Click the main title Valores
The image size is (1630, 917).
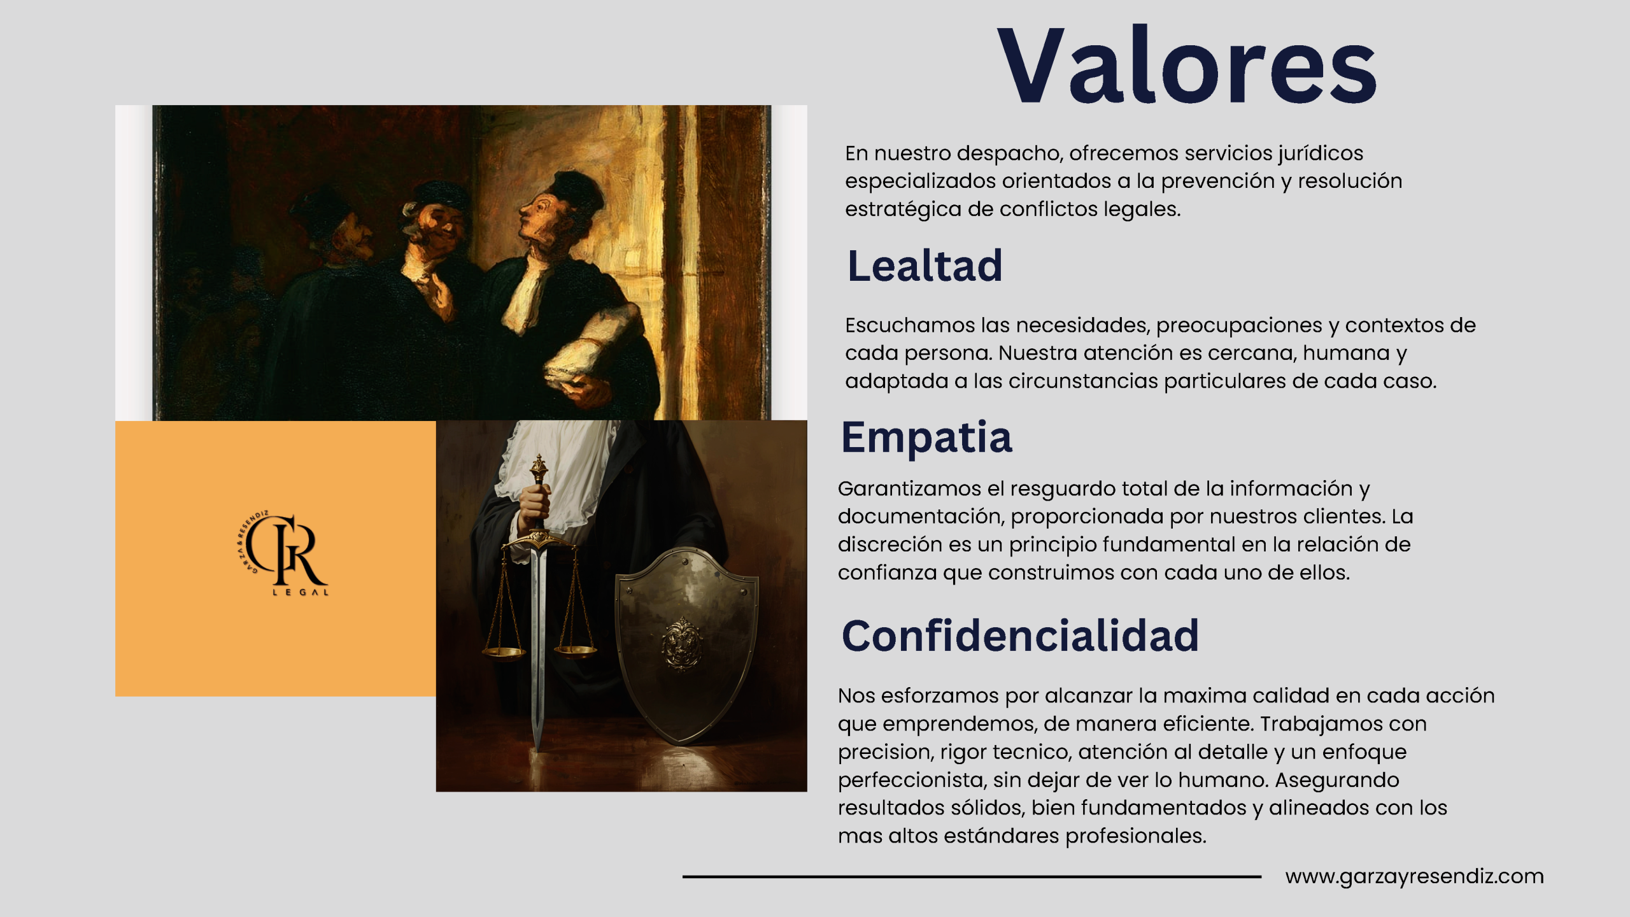coord(1187,65)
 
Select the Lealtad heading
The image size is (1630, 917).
coord(925,266)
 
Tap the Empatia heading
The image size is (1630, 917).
coord(926,437)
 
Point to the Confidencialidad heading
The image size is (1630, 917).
coord(1020,636)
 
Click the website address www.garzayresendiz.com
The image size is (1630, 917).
coord(1414,876)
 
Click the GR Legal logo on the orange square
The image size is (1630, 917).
coord(283,553)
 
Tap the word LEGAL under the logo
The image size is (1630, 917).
coord(301,592)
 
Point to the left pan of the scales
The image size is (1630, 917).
coord(504,652)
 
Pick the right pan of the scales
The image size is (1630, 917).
coord(576,651)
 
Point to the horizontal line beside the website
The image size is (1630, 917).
coord(972,877)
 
